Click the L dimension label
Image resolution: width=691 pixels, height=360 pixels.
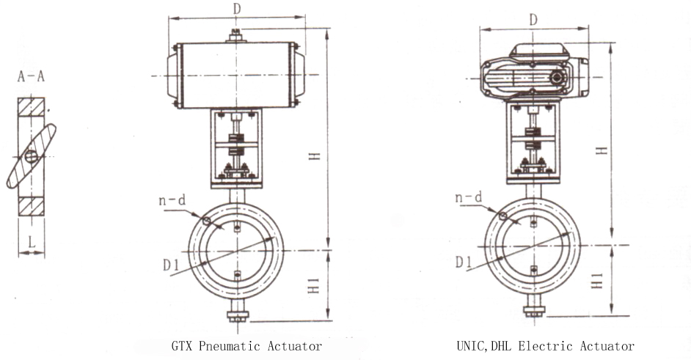[x=31, y=240]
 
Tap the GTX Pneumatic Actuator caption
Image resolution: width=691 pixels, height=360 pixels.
[x=246, y=345]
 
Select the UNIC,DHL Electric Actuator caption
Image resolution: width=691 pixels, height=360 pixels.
[x=545, y=345]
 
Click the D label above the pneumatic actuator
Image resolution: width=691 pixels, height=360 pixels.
[x=236, y=10]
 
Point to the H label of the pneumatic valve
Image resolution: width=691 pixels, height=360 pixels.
[x=314, y=156]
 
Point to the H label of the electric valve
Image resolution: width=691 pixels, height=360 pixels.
[x=600, y=150]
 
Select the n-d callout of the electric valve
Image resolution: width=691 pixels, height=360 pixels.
[x=468, y=196]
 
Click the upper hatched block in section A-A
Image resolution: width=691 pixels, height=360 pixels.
[x=31, y=111]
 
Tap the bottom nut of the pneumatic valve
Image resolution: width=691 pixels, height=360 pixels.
[x=237, y=317]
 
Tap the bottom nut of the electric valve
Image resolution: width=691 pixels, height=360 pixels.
[x=533, y=311]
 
